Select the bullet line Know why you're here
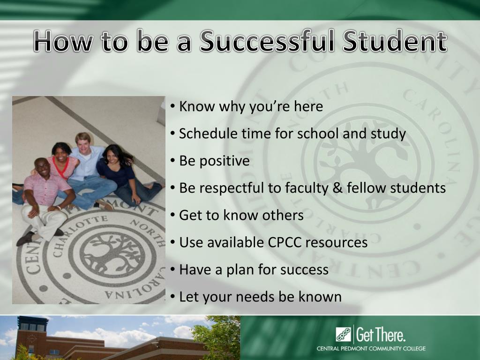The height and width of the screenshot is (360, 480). pos(251,106)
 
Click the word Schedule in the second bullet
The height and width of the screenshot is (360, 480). pos(209,134)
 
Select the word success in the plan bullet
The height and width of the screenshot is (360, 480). pos(304,270)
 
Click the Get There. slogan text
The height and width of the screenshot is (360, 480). pos(381,335)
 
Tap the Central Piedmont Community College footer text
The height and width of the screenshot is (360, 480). pos(371,348)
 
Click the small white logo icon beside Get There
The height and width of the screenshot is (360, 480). pos(343,335)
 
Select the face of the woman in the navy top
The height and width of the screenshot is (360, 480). pos(112,156)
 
